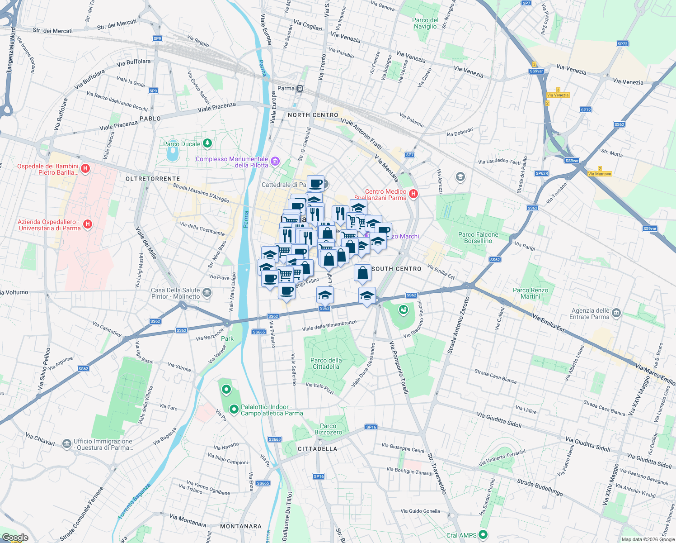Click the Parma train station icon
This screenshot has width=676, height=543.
[x=300, y=89]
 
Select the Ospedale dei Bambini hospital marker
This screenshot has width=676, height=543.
[x=85, y=169]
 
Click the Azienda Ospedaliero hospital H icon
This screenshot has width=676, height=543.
[x=88, y=224]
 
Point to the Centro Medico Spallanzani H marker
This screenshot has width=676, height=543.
[x=413, y=194]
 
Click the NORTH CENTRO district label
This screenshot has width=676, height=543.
[x=313, y=115]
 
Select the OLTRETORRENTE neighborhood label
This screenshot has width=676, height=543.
[x=153, y=179]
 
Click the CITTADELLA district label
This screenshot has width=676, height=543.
[x=317, y=449]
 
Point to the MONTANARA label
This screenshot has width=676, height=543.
[x=241, y=526]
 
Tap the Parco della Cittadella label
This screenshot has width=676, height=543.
[x=326, y=363]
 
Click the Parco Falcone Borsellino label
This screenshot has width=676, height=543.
[x=478, y=238]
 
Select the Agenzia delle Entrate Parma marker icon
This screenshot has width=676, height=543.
[x=616, y=314]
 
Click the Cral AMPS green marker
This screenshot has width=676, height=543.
[x=483, y=535]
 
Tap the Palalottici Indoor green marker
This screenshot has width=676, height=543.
[x=234, y=410]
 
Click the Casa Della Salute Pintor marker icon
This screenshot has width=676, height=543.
[x=207, y=293]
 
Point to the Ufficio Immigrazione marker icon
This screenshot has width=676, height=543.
[x=66, y=443]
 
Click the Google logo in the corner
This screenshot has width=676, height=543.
[x=15, y=538]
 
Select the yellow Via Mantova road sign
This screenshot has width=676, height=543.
[x=600, y=174]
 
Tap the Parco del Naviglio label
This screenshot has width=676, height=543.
[x=425, y=23]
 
